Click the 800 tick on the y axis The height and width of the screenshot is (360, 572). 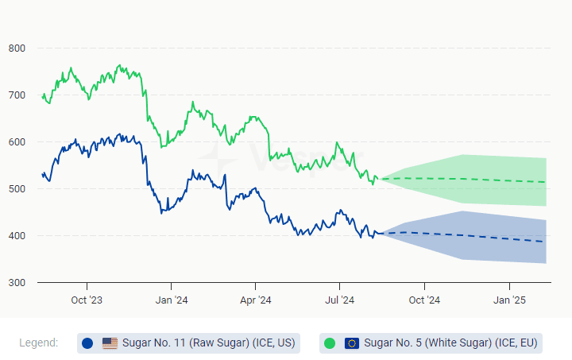click(17, 48)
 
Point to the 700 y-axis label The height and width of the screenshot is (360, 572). click(17, 95)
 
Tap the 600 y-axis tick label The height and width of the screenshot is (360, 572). click(17, 142)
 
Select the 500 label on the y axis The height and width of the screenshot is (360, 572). click(17, 189)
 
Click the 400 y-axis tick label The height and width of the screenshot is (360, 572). click(17, 236)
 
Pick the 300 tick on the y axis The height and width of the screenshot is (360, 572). click(17, 283)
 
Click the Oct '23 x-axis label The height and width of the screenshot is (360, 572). click(87, 300)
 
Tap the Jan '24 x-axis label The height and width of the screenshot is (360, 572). click(171, 300)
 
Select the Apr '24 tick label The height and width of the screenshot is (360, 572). click(255, 300)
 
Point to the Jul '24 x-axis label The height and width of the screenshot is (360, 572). click(340, 300)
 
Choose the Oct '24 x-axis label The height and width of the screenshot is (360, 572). click(424, 300)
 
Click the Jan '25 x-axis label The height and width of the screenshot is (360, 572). click(509, 300)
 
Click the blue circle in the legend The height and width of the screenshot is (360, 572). click(87, 343)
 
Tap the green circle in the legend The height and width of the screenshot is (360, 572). click(330, 343)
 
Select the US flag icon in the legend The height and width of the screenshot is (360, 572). click(110, 343)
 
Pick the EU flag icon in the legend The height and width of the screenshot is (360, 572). click(352, 343)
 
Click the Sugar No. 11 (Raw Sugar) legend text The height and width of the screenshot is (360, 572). click(209, 343)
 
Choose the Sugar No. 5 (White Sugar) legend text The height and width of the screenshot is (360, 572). click(450, 343)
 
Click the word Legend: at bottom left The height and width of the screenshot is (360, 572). click(39, 343)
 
